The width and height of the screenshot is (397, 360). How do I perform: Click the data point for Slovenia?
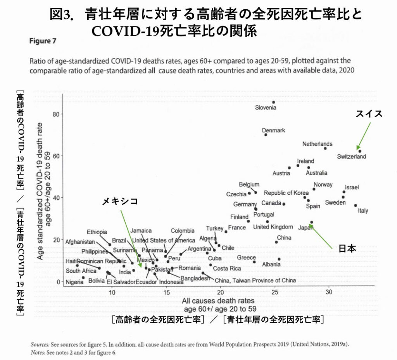[273, 102]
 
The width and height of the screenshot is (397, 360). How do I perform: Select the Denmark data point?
[266, 135]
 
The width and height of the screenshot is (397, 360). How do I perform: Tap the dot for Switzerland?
[360, 151]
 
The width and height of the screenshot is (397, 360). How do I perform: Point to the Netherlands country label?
[317, 144]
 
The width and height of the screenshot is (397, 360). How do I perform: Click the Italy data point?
[356, 206]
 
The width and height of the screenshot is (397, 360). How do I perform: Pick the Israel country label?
[352, 187]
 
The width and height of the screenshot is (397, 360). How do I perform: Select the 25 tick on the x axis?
[275, 292]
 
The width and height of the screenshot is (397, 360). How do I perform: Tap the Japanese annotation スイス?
[369, 114]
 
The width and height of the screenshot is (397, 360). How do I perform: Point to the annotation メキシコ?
[120, 201]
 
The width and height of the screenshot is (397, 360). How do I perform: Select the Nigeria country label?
[74, 282]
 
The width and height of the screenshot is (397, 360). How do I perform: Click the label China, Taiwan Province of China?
[255, 280]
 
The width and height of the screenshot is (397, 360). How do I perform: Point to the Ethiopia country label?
[97, 232]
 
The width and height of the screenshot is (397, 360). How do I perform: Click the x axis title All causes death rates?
[218, 301]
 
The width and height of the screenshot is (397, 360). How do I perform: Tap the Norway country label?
[323, 185]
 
